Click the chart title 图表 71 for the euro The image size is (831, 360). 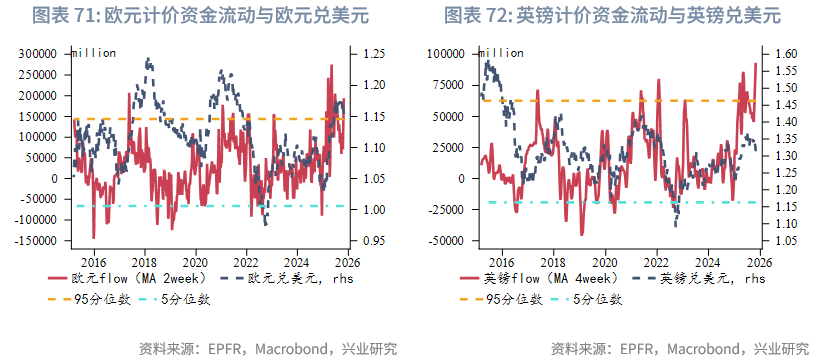[x=206, y=16]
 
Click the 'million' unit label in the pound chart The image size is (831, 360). [x=500, y=52]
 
